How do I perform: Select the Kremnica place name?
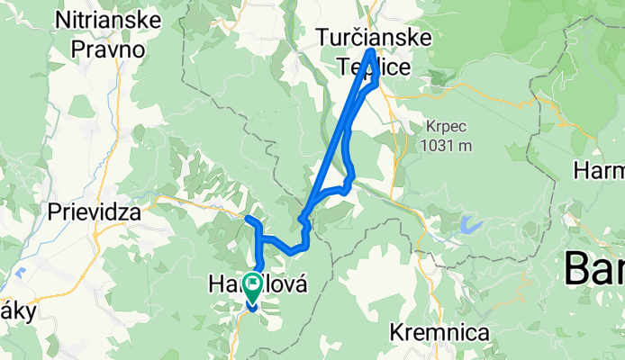[439, 333]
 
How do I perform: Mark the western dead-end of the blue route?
[247, 217]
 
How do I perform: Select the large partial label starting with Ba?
[594, 268]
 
